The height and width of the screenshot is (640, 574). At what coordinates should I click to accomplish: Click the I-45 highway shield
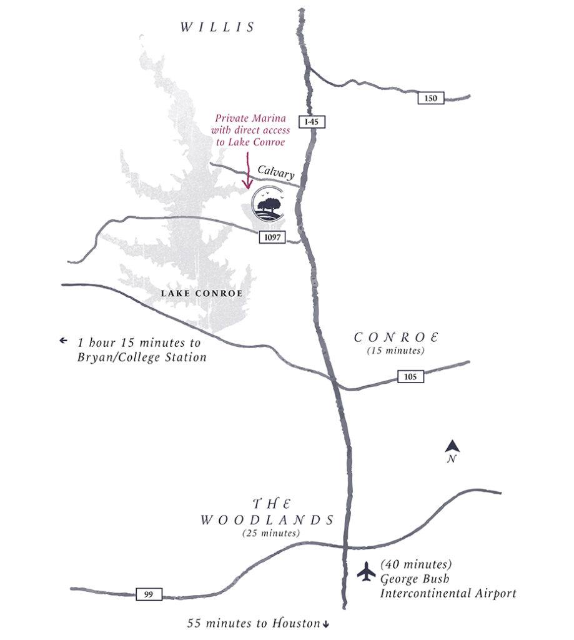(310, 122)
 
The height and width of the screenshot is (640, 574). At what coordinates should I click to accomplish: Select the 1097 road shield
(272, 236)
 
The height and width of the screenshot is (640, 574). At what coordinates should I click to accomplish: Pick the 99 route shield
(149, 594)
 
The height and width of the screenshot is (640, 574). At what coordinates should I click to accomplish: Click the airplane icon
(367, 571)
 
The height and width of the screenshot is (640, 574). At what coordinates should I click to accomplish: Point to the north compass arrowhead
(453, 446)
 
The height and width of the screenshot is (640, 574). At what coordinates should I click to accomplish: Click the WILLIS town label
(218, 27)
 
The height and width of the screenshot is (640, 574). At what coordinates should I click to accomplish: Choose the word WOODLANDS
(267, 520)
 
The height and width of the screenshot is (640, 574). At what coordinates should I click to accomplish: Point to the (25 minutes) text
(270, 534)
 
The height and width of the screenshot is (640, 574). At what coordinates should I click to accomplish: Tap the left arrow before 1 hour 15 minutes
(63, 341)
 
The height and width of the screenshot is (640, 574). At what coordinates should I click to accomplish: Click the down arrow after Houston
(325, 624)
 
